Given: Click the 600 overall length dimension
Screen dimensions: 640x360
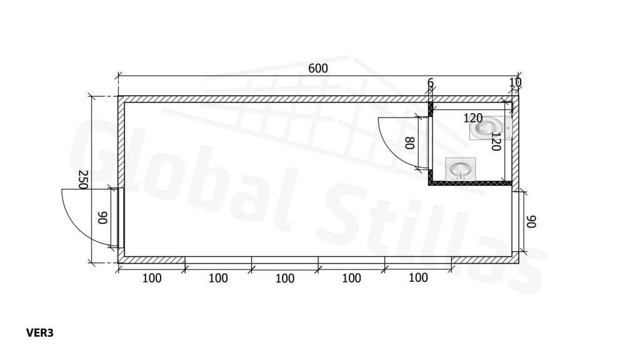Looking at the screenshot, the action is [x=318, y=69].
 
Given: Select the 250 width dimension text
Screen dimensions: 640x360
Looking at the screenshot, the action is [x=83, y=179].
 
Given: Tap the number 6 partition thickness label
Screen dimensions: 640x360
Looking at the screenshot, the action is [x=430, y=83].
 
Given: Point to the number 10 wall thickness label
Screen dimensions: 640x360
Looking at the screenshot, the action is [x=515, y=82].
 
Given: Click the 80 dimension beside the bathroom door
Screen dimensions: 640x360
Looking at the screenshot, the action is [x=410, y=143].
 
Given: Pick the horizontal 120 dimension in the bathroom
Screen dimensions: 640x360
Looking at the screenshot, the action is [x=473, y=118].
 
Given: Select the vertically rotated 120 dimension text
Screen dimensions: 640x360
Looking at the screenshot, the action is [x=496, y=141].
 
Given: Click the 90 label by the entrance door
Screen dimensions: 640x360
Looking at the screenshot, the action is [x=102, y=217].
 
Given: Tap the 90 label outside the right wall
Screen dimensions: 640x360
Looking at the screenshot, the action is [x=531, y=222].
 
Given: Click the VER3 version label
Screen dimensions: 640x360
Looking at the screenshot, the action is [x=39, y=333].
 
